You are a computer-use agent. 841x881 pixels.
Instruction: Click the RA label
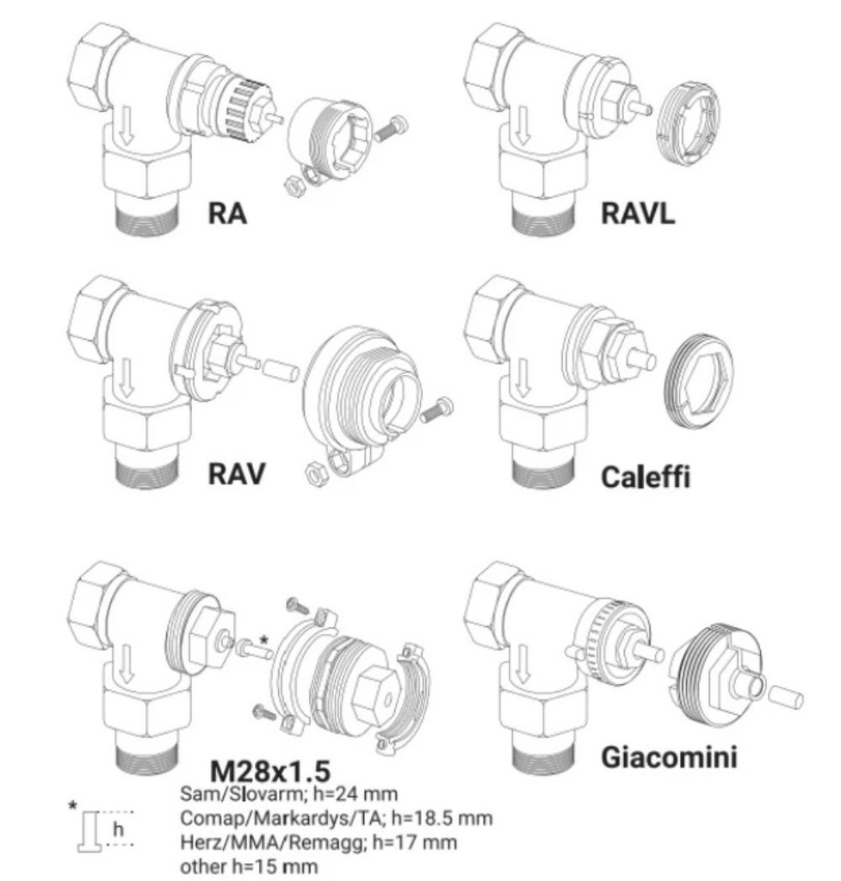click(227, 213)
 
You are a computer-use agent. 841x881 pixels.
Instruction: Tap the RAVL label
click(638, 213)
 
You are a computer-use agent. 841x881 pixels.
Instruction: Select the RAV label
click(236, 474)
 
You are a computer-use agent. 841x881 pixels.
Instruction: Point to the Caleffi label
click(646, 477)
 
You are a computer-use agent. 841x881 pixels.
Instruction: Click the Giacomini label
click(669, 757)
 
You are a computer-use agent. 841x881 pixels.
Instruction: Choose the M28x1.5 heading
click(269, 772)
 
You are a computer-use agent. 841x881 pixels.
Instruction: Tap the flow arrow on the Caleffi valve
click(523, 378)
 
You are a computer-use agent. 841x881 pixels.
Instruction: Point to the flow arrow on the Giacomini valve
click(523, 664)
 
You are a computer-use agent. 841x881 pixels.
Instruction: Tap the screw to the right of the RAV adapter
click(436, 410)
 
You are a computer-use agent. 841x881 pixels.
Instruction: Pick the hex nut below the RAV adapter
click(315, 474)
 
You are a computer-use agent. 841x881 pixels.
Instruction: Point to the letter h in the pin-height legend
click(118, 829)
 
